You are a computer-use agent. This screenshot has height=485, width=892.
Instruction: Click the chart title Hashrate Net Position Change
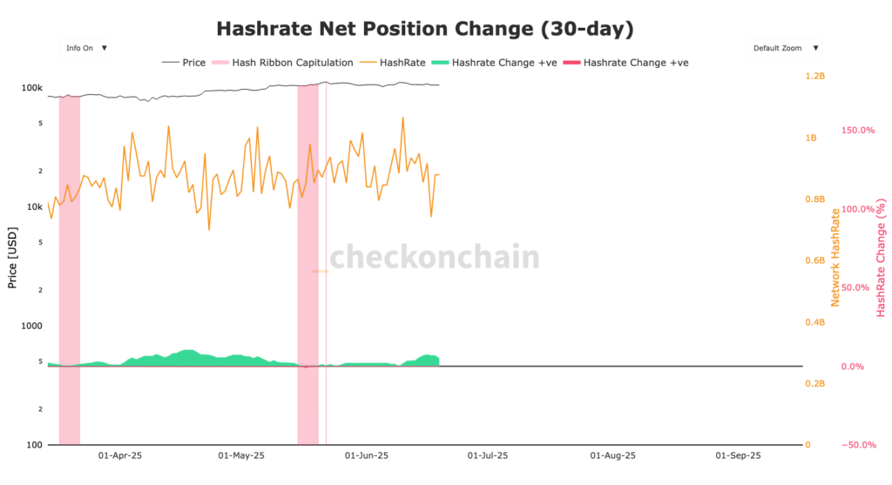424,30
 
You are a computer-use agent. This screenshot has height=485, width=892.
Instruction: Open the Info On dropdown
85,48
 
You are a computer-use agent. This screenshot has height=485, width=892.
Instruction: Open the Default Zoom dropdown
784,48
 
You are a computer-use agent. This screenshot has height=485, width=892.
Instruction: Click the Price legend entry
184,63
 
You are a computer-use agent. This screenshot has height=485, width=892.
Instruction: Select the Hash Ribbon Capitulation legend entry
284,63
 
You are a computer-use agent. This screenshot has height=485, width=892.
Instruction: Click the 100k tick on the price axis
32,88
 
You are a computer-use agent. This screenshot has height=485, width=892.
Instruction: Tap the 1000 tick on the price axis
32,326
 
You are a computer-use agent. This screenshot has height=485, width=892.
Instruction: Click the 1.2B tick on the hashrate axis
814,77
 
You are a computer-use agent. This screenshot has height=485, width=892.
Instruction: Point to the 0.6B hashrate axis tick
814,261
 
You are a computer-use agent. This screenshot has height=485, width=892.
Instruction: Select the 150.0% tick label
856,131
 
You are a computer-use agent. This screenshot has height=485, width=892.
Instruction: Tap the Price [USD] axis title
12,258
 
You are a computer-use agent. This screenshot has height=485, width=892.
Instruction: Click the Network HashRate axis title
835,258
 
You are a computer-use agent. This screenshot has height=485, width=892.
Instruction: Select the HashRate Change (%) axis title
882,258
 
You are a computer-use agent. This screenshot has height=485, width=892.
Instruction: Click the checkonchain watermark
434,258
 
